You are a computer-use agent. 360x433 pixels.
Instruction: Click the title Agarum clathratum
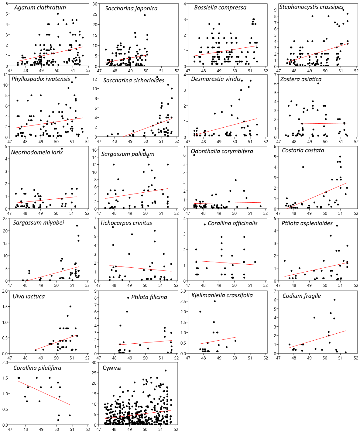40,8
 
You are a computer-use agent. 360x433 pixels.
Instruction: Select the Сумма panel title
111,368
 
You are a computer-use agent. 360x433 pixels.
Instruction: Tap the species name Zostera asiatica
301,79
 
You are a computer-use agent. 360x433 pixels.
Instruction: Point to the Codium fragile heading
301,296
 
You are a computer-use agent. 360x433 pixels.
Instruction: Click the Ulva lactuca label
29,297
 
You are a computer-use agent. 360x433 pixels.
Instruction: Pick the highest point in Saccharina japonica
145,15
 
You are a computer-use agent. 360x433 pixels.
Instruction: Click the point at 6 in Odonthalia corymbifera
194,155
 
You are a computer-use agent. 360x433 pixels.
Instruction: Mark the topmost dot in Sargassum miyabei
77,225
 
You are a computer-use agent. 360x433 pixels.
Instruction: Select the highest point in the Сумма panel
166,370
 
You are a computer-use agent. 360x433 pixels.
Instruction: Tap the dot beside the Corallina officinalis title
204,224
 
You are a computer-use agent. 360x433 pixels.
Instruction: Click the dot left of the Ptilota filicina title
128,298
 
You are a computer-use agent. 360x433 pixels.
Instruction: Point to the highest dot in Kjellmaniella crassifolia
215,301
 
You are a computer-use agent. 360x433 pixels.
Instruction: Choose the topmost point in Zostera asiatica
318,83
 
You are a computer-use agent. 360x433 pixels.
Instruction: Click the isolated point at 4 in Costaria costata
303,167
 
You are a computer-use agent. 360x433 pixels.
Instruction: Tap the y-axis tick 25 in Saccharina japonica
95,14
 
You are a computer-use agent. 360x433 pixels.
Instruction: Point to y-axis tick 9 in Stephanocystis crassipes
275,10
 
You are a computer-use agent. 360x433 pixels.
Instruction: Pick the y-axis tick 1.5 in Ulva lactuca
5,307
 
